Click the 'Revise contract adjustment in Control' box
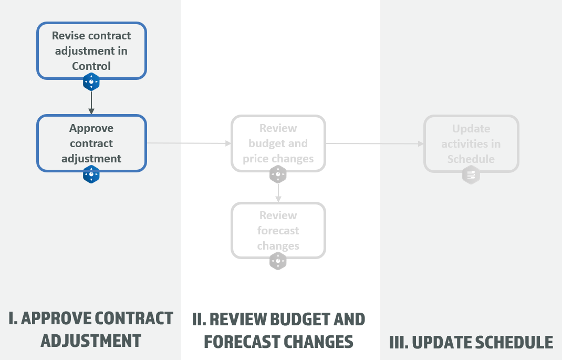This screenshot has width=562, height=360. (91, 50)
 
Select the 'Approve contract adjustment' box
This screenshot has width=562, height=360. (91, 143)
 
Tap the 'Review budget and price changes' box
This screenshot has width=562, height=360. (278, 143)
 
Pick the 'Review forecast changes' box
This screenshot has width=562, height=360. (278, 230)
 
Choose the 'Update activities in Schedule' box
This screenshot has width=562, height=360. (471, 143)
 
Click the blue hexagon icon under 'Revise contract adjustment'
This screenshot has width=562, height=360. (91, 82)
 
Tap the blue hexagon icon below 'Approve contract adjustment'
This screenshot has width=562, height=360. (91, 174)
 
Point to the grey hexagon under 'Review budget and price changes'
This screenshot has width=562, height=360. (278, 174)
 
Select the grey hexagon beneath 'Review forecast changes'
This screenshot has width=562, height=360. (278, 261)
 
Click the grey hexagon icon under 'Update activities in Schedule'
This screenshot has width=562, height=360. (471, 175)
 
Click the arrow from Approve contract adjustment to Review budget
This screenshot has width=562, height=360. (189, 143)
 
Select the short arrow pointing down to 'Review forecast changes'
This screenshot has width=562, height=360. (278, 193)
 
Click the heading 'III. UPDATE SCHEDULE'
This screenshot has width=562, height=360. (471, 342)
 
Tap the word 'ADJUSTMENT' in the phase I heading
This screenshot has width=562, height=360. (91, 341)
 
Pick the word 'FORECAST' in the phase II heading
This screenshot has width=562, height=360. (241, 342)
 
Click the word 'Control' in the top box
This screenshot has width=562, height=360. (91, 66)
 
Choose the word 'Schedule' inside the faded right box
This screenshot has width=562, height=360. (471, 159)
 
